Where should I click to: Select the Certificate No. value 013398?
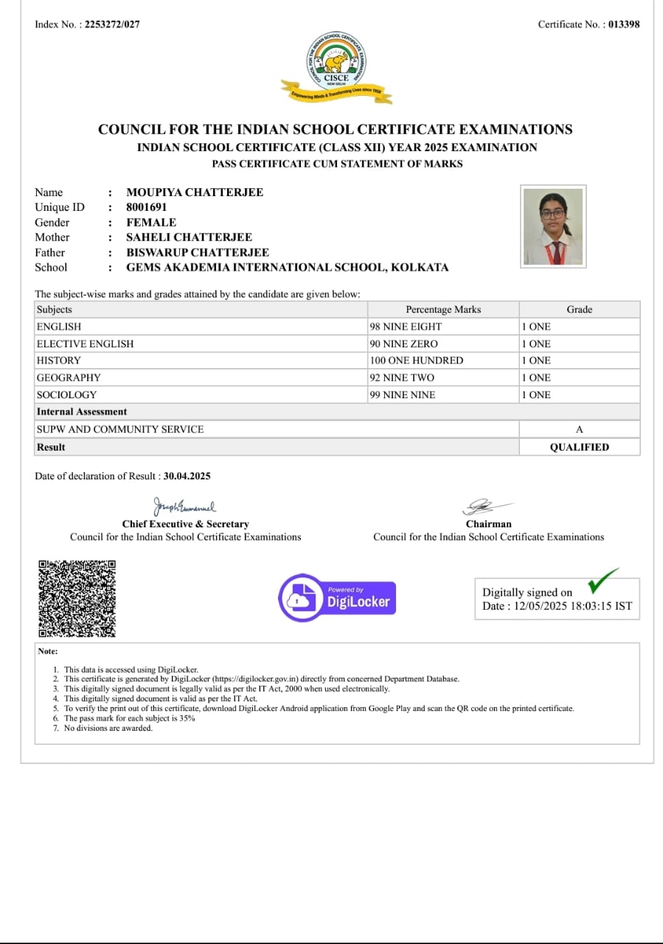[624, 24]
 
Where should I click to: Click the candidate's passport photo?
[553, 226]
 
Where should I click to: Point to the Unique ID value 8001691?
[147, 207]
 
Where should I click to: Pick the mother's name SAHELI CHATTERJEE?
[189, 237]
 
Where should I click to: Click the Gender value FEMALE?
[151, 222]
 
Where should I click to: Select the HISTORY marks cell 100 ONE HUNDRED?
[417, 361]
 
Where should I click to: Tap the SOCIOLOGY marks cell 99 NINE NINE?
[403, 395]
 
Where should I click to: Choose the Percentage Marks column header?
[443, 310]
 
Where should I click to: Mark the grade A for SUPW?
[579, 429]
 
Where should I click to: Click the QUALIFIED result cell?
[579, 447]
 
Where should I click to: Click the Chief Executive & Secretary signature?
[184, 507]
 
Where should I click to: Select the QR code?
[77, 599]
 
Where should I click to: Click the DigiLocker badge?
[337, 597]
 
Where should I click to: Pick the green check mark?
[603, 581]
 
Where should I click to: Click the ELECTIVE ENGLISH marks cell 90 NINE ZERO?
[403, 344]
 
